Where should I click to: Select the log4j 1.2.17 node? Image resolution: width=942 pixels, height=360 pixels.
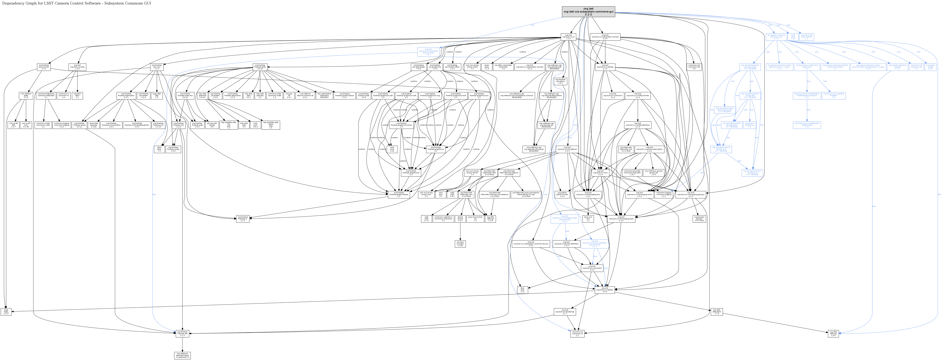click(6, 312)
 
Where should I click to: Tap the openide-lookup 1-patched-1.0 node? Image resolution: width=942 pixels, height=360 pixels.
click(182, 355)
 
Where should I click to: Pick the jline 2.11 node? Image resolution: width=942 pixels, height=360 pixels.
click(523, 290)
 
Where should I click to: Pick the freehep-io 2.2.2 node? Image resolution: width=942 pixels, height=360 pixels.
click(243, 219)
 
